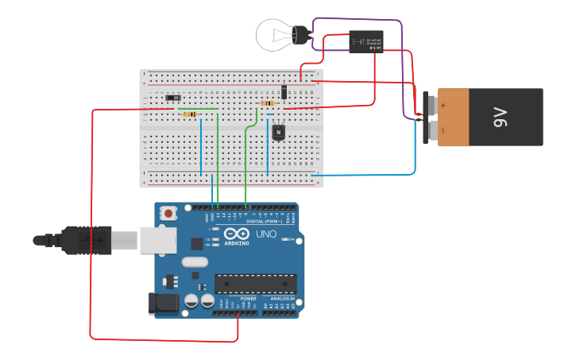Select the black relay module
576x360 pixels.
365,41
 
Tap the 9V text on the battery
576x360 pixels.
500,118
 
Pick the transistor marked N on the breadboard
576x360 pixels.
278,131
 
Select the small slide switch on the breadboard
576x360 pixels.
171,99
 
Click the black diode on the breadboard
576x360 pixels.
284,91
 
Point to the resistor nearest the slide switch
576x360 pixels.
190,114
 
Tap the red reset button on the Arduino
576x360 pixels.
168,213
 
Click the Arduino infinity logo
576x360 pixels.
236,234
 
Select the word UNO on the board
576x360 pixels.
265,234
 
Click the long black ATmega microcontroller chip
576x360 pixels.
256,283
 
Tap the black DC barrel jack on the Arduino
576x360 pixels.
160,303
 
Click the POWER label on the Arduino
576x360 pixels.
238,299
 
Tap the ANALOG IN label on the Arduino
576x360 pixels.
280,299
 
